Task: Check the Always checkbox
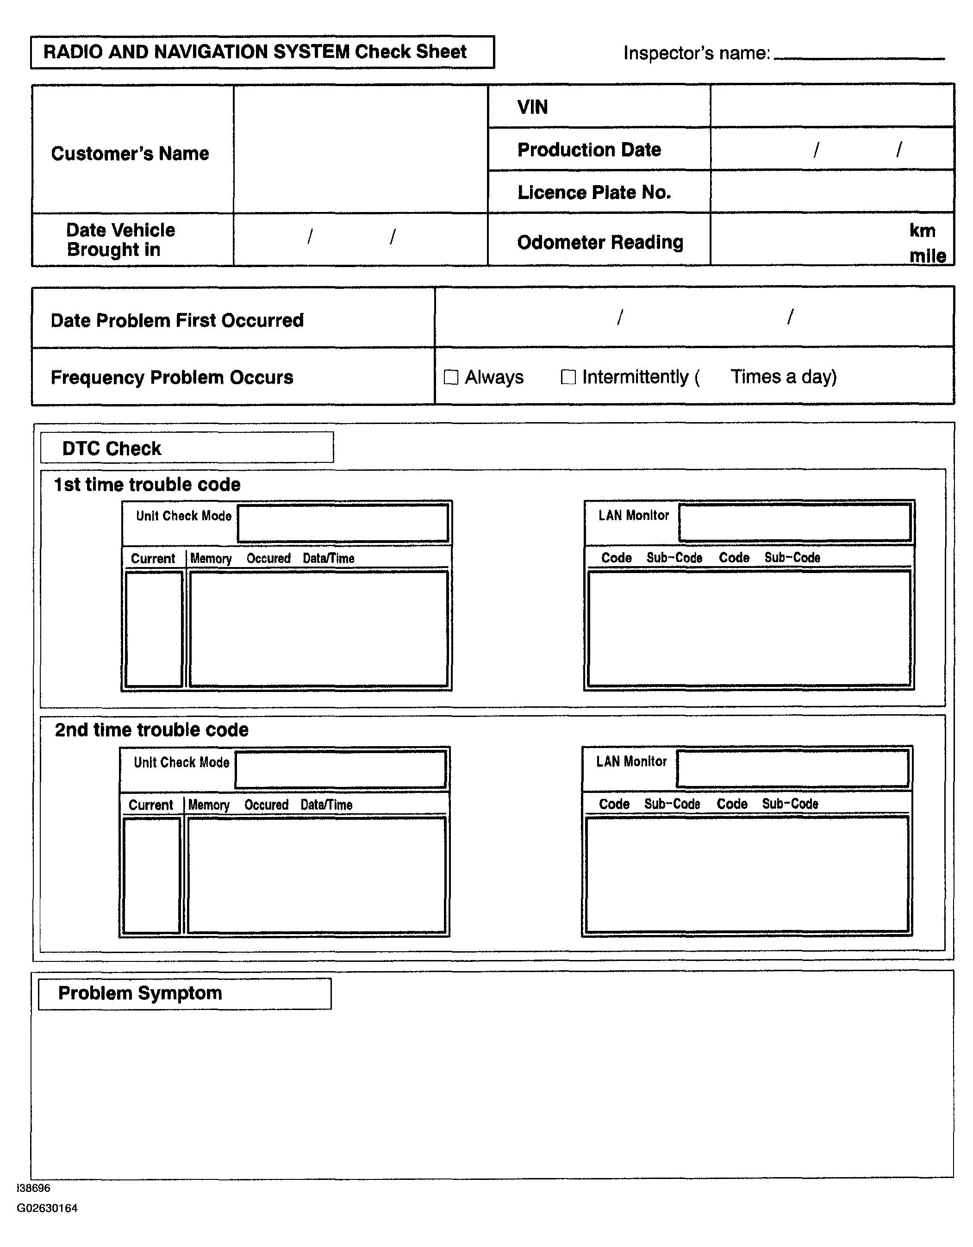point(451,377)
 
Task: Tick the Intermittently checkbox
point(568,377)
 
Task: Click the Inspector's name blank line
point(859,56)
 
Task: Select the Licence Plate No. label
point(594,193)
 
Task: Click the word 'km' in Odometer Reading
point(922,231)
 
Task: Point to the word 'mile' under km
point(927,256)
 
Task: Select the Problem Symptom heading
point(140,993)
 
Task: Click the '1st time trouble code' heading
point(147,485)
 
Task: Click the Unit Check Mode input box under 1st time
point(343,523)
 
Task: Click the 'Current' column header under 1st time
point(152,558)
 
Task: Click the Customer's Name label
point(130,154)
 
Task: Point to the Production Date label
point(589,150)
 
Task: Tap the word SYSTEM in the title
point(311,52)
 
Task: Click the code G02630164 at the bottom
point(47,1208)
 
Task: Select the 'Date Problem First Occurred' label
point(177,320)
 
